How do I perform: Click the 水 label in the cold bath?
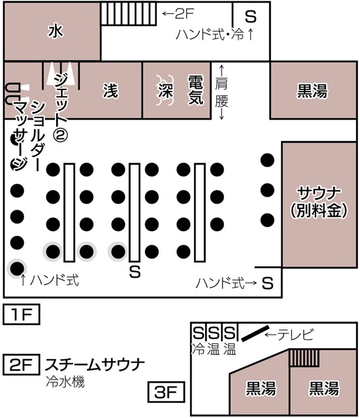[56, 31]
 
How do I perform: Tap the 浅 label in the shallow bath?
[110, 90]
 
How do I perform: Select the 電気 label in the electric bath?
[196, 89]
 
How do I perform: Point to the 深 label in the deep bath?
[165, 90]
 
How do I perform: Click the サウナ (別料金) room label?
[319, 202]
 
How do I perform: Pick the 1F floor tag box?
[22, 314]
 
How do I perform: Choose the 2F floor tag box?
[22, 364]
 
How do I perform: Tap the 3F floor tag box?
[166, 392]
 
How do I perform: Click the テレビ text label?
[295, 334]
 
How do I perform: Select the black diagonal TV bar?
[255, 333]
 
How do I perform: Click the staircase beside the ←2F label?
[129, 14]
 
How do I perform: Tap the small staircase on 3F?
[304, 358]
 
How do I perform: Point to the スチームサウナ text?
[95, 364]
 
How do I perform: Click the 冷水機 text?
[65, 381]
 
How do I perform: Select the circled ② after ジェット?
[60, 135]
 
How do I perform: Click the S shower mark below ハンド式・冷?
[251, 16]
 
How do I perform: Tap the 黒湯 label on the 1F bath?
[312, 91]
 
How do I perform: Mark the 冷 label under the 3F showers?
[198, 349]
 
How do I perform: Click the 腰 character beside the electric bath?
[221, 101]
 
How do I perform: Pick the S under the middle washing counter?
[135, 272]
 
